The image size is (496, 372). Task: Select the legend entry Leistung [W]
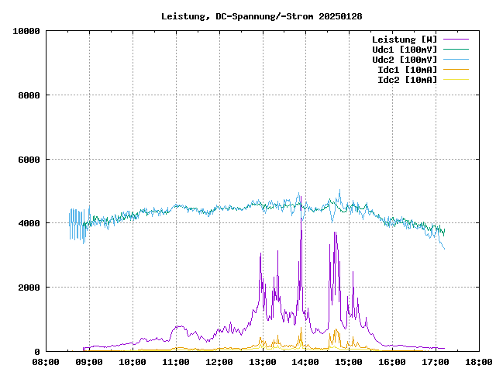(x=404, y=39)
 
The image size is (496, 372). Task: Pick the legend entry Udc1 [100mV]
(x=404, y=49)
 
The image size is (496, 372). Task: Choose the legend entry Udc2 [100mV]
(x=404, y=59)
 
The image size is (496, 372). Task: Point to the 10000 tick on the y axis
(x=26, y=31)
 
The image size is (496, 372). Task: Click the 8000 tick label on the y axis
(x=28, y=95)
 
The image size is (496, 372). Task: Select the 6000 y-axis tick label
(x=28, y=160)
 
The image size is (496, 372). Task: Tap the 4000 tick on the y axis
(x=28, y=223)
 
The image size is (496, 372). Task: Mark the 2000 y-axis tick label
(x=28, y=288)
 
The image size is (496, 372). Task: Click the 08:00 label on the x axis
(x=46, y=361)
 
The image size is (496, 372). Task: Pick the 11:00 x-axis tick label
(x=176, y=361)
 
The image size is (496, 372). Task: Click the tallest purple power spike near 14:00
(x=301, y=203)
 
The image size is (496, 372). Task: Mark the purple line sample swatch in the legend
(x=456, y=39)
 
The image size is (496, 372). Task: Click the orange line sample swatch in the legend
(x=456, y=79)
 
